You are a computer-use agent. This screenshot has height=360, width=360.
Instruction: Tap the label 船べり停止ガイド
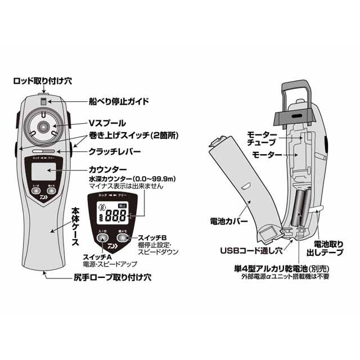pyautogui.click(x=119, y=102)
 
